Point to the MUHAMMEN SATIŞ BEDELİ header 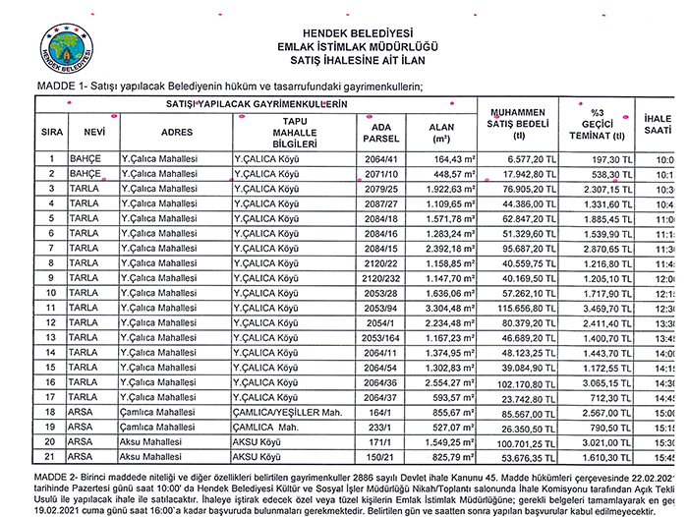click(x=518, y=123)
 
